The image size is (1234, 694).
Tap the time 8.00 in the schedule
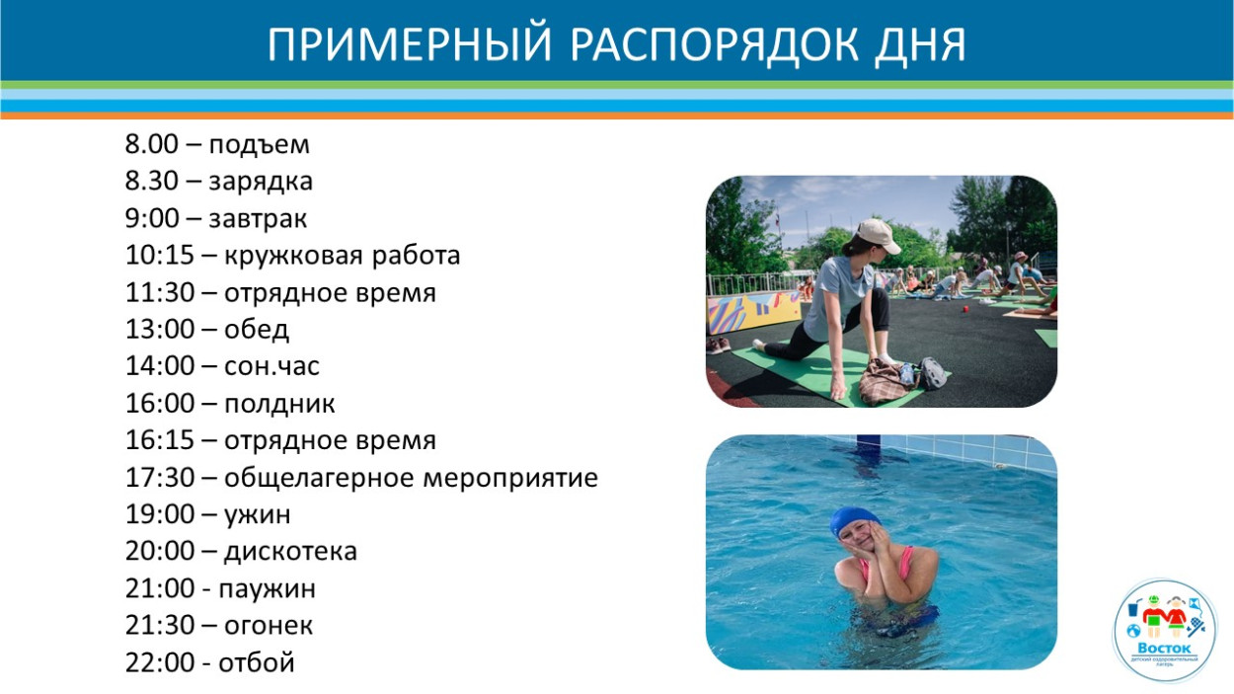pos(152,144)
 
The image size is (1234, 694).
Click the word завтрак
pos(266,218)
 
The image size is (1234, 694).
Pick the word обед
pos(257,330)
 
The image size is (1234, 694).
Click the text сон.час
pos(271,366)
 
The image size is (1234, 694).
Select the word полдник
pos(279,404)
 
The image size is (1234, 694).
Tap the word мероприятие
pos(509,479)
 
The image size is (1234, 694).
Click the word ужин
pos(258,514)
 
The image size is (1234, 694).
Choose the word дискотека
pos(290,551)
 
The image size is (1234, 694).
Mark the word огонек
pos(269,625)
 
